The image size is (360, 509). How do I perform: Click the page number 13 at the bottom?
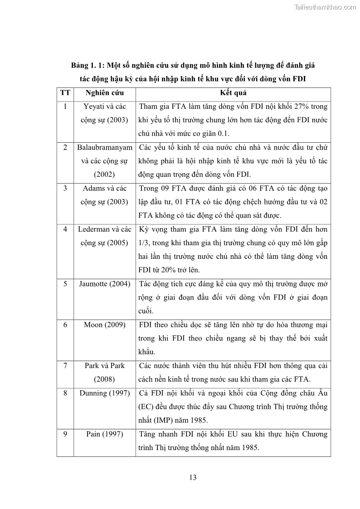(x=192, y=477)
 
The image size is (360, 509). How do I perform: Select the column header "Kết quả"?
(x=233, y=93)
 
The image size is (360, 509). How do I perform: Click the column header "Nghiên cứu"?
(x=104, y=93)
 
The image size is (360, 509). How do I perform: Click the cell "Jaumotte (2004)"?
(x=104, y=284)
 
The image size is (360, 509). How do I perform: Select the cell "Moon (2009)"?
(x=104, y=325)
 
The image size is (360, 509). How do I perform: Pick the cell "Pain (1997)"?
(x=104, y=434)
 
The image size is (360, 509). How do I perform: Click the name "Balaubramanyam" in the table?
(x=104, y=147)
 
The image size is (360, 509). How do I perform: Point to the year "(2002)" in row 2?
(x=104, y=175)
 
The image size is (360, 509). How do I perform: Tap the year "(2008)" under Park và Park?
(x=104, y=379)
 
